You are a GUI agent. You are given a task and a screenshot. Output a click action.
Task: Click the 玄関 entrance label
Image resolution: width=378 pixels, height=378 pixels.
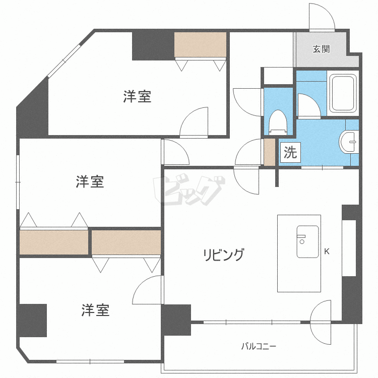point(321,49)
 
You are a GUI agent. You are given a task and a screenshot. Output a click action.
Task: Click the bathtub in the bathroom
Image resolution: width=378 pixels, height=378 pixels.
point(343,94)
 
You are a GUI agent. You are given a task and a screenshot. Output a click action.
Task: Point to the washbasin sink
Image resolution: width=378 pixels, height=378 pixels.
point(349,142)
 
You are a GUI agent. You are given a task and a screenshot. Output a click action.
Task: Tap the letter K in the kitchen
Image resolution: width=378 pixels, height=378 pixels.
point(327,251)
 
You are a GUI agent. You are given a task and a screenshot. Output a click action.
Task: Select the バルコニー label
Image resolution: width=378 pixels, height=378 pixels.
point(258,346)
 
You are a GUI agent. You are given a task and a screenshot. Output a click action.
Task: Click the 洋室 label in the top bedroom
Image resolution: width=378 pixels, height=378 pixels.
point(137,97)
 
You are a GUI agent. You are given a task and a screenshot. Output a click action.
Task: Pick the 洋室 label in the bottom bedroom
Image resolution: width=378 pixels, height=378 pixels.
point(95,310)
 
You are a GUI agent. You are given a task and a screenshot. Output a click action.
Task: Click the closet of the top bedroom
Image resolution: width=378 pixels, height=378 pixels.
point(201,45)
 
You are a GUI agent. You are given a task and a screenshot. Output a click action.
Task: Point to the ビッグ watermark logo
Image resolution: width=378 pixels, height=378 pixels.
point(189,191)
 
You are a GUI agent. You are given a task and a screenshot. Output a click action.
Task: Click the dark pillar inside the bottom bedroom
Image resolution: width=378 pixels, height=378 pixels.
point(32,320)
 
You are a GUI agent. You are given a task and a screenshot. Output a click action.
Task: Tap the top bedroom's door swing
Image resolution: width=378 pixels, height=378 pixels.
point(195,122)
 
